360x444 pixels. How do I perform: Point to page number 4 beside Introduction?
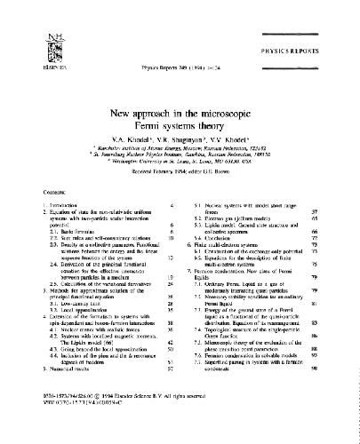coord(171,206)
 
